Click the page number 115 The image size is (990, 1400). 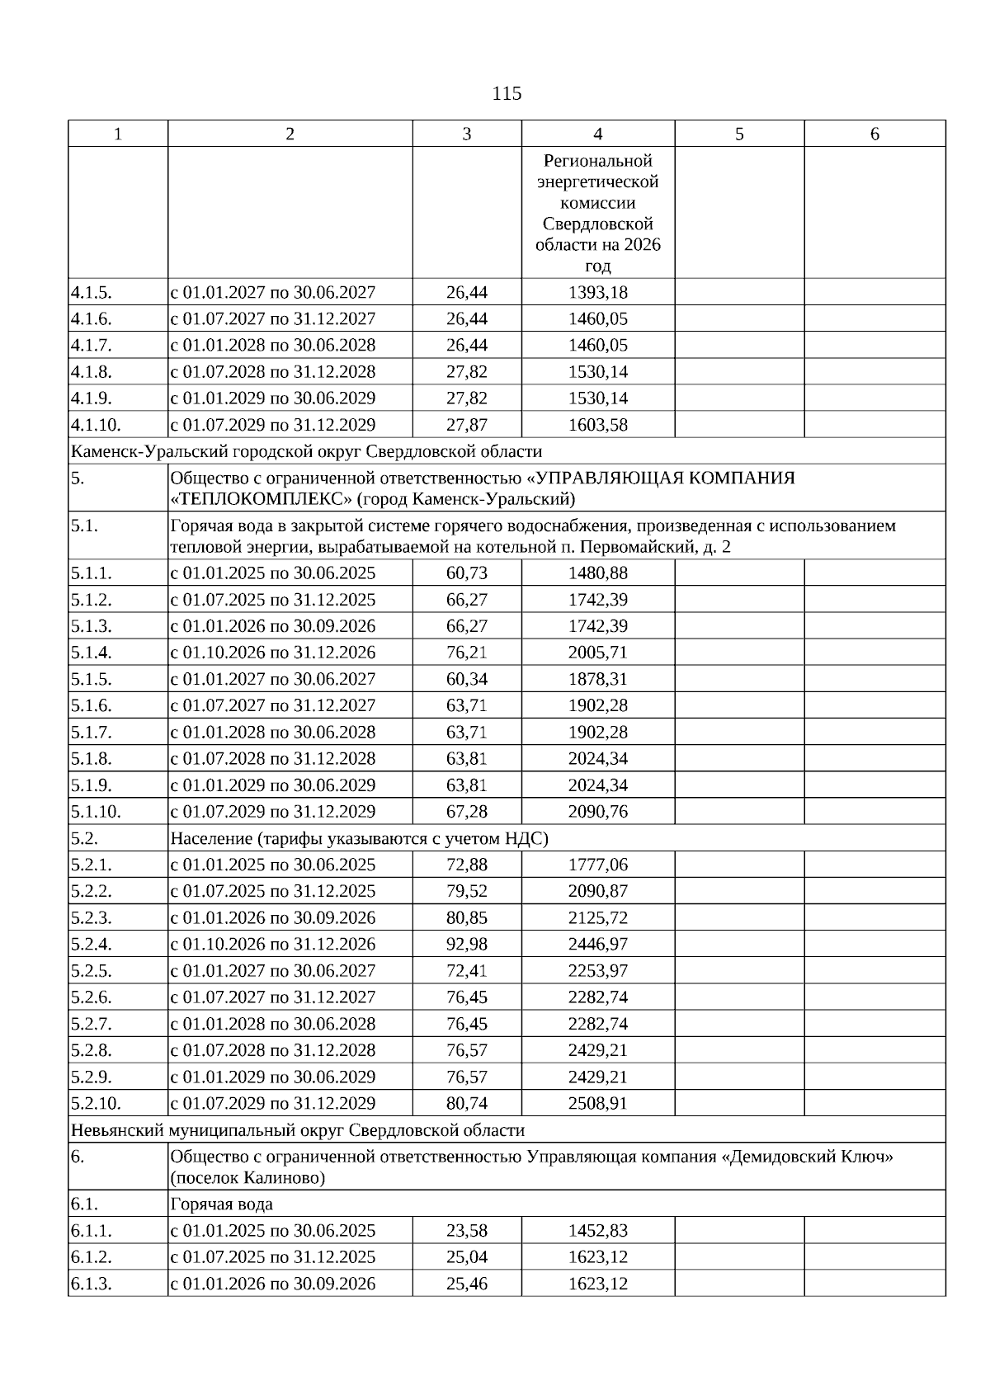pos(507,94)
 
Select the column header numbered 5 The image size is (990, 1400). pos(739,134)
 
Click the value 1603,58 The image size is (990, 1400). pos(597,426)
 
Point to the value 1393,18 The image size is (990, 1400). pos(597,293)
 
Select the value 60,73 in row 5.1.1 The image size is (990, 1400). pos(466,573)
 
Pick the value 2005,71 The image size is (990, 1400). pos(597,653)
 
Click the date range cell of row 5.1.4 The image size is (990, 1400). pos(273,653)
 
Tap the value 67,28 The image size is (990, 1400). pos(466,812)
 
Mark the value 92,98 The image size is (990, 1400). pos(466,945)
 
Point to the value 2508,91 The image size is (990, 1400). pos(597,1104)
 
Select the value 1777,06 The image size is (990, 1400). pos(597,865)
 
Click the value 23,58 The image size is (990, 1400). pos(466,1232)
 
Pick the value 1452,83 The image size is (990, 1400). pos(597,1232)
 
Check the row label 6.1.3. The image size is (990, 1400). pos(91,1285)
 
